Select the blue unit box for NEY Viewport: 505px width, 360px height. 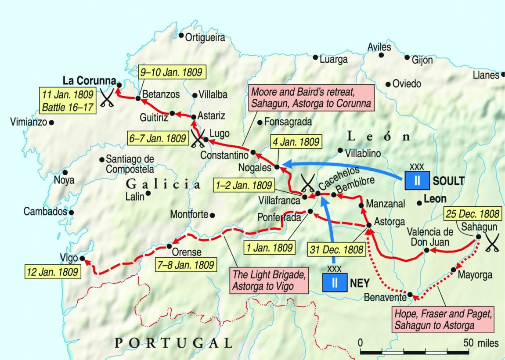335,282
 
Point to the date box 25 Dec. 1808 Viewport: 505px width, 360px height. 473,214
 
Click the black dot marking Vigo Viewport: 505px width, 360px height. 81,259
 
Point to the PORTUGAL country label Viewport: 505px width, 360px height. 173,343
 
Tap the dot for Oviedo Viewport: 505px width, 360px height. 388,84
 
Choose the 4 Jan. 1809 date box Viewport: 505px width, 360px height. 297,142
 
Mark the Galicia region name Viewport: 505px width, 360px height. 163,184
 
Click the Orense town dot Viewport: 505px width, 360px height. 169,246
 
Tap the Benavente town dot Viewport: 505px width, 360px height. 410,295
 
